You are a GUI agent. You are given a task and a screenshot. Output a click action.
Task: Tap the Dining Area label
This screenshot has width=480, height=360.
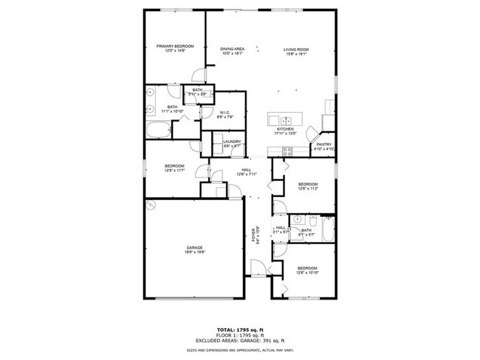(x=233, y=49)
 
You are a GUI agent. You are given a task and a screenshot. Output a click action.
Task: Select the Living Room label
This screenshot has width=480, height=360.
(x=296, y=49)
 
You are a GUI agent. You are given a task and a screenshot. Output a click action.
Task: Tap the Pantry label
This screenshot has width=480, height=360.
(x=323, y=145)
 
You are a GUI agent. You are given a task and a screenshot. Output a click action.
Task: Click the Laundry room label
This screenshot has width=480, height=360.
(x=233, y=142)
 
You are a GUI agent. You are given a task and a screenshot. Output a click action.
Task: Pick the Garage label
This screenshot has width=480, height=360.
(x=195, y=249)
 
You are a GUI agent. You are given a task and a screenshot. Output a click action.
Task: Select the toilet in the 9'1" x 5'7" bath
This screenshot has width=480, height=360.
(x=314, y=221)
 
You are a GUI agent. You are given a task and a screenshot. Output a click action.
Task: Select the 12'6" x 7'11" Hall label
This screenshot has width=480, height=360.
(x=246, y=173)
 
